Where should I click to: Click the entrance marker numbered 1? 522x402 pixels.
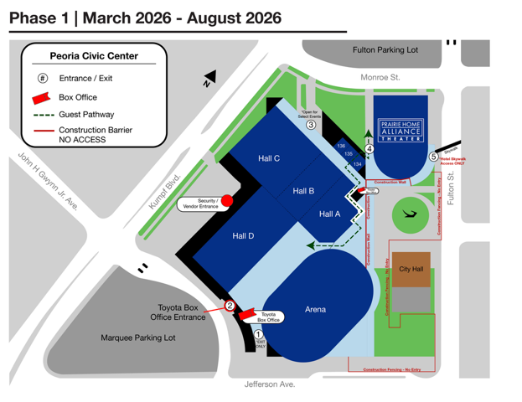(x=259, y=335)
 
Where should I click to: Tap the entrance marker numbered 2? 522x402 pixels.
(x=230, y=306)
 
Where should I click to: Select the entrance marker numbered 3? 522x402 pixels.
(x=311, y=125)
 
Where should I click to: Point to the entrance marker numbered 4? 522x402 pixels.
(x=370, y=150)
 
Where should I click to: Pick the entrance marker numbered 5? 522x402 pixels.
(x=433, y=156)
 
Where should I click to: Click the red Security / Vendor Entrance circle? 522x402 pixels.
(x=226, y=200)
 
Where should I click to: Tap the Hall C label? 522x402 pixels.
(x=269, y=158)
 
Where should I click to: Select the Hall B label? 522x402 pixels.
(x=303, y=191)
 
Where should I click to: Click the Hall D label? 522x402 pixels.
(x=243, y=236)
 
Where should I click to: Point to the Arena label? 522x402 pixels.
(x=315, y=310)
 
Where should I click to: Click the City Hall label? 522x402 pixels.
(x=411, y=269)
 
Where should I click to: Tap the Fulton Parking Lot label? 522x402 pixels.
(x=385, y=50)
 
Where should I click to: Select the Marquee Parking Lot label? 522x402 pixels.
(x=138, y=338)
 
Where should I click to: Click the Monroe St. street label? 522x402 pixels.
(x=380, y=78)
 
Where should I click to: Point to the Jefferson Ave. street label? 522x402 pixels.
(x=270, y=384)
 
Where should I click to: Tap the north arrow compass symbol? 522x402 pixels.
(x=209, y=78)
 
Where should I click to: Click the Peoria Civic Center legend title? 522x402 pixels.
(x=94, y=56)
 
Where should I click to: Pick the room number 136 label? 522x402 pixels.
(x=341, y=147)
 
